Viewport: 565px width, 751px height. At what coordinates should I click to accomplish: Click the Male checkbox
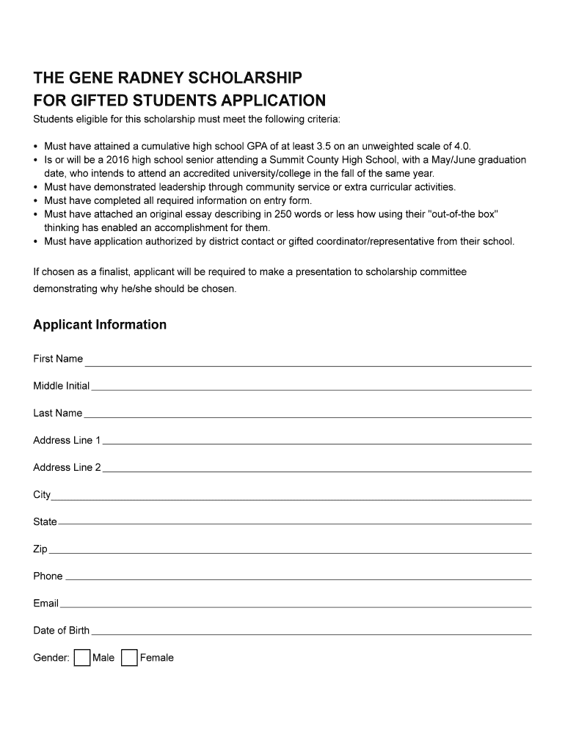[x=82, y=658]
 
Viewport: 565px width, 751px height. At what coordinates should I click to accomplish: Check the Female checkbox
[x=129, y=658]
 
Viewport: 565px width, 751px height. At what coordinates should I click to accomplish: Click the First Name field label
[x=58, y=359]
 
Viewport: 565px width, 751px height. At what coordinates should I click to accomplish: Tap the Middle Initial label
[x=61, y=386]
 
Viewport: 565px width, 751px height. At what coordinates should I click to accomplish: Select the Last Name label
[x=57, y=413]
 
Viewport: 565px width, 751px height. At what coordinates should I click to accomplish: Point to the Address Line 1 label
[x=67, y=440]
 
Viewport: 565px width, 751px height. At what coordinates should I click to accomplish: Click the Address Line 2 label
[x=67, y=467]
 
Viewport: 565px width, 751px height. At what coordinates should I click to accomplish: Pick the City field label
[x=42, y=495]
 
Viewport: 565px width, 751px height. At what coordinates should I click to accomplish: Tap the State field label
[x=45, y=521]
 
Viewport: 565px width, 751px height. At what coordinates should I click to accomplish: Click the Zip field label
[x=40, y=549]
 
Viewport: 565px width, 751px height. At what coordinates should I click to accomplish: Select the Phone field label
[x=48, y=576]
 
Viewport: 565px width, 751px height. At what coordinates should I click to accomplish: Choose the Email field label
[x=45, y=603]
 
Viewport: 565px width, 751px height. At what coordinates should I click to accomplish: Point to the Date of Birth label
[x=61, y=630]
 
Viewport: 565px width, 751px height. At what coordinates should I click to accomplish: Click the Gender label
[x=51, y=658]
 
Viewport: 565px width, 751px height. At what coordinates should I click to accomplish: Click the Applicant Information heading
[x=100, y=325]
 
